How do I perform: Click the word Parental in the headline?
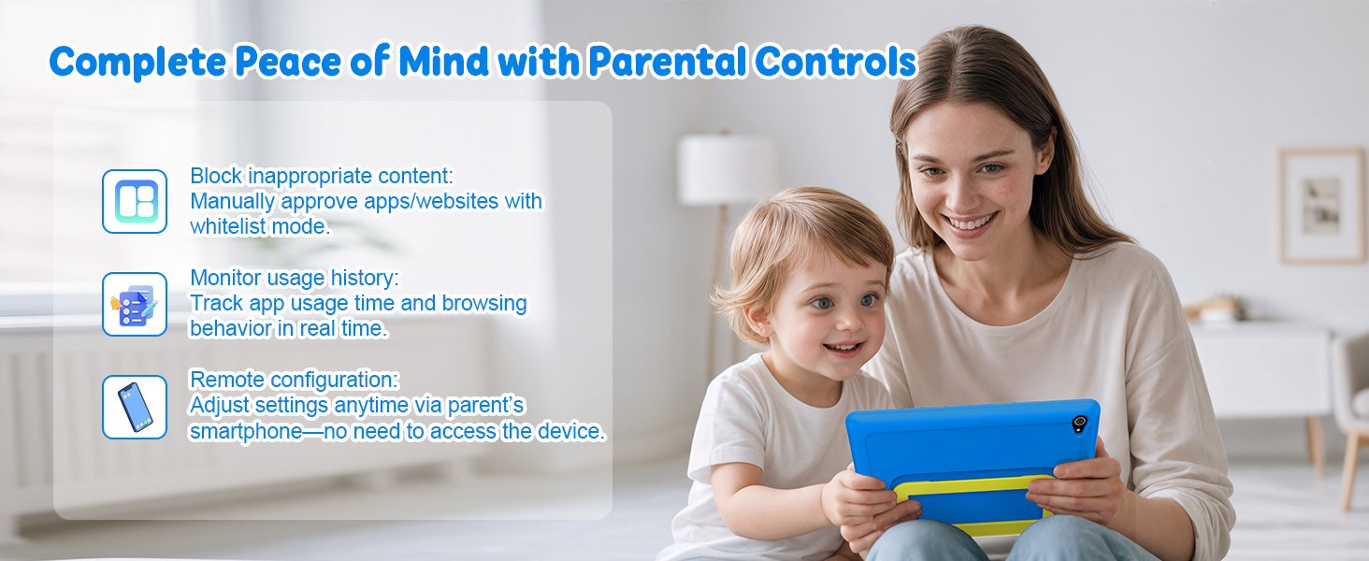pos(668,62)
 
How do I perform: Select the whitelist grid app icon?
pos(135,201)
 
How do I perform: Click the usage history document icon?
pos(135,304)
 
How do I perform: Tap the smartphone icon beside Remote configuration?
pos(135,407)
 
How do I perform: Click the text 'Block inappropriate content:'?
pos(322,176)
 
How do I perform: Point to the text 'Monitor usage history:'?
pos(294,278)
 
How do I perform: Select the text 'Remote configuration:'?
pos(294,380)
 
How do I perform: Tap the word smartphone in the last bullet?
pos(246,431)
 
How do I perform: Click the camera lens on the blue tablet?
pos(1079,423)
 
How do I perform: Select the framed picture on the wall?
pos(1323,206)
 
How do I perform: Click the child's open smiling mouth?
pos(843,349)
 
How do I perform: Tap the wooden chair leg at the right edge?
pos(1351,470)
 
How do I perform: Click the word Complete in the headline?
pos(137,62)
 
